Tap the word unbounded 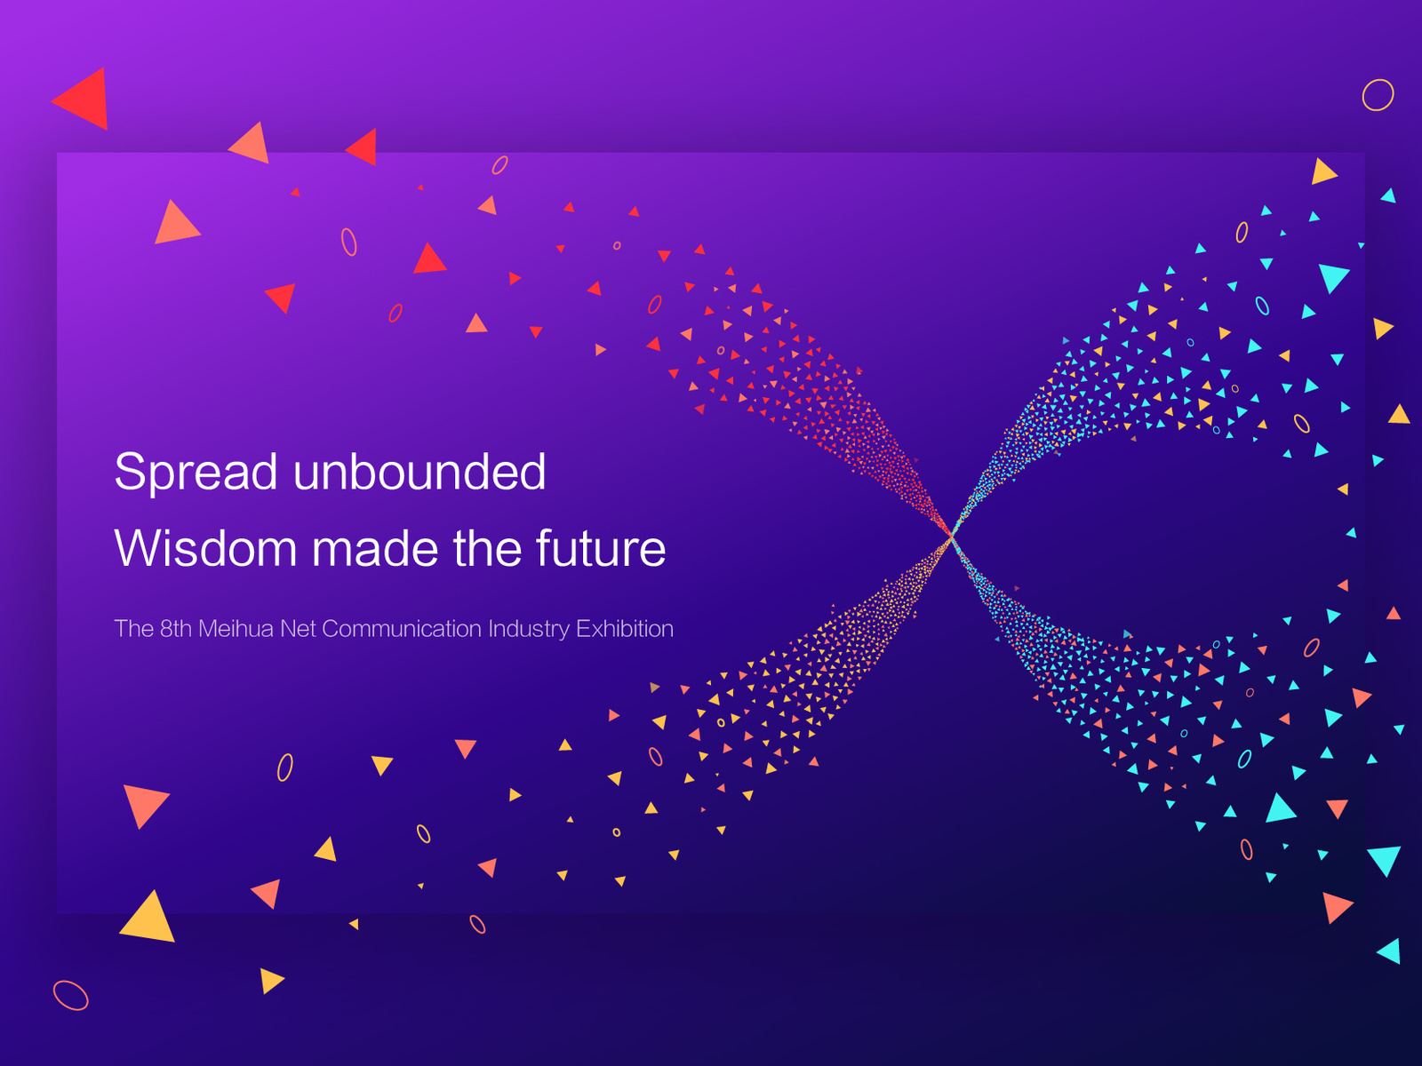point(419,471)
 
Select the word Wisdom point(205,547)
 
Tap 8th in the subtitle point(176,628)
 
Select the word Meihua point(236,628)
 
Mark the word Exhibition point(625,628)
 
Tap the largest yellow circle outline point(1378,95)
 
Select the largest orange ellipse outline point(70,996)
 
